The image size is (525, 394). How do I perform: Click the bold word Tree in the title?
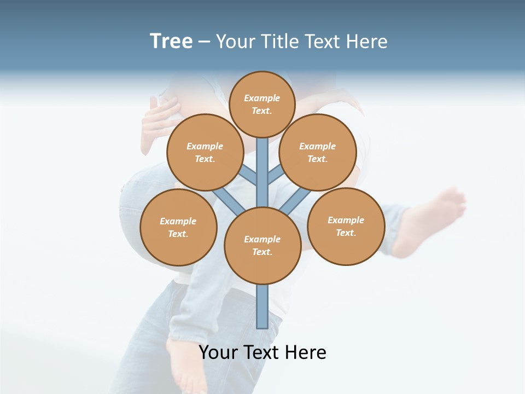pyautogui.click(x=171, y=41)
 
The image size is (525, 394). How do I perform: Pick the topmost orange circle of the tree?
pyautogui.click(x=262, y=104)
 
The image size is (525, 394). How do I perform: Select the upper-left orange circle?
pyautogui.click(x=205, y=152)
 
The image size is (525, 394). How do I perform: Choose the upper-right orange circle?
pyautogui.click(x=317, y=152)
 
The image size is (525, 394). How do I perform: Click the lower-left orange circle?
pyautogui.click(x=178, y=227)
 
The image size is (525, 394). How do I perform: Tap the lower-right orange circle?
pyautogui.click(x=346, y=226)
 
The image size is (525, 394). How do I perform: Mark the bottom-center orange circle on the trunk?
pyautogui.click(x=262, y=246)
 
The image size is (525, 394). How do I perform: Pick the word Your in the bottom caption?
pyautogui.click(x=219, y=352)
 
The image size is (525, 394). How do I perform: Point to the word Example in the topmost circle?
pyautogui.click(x=262, y=98)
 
